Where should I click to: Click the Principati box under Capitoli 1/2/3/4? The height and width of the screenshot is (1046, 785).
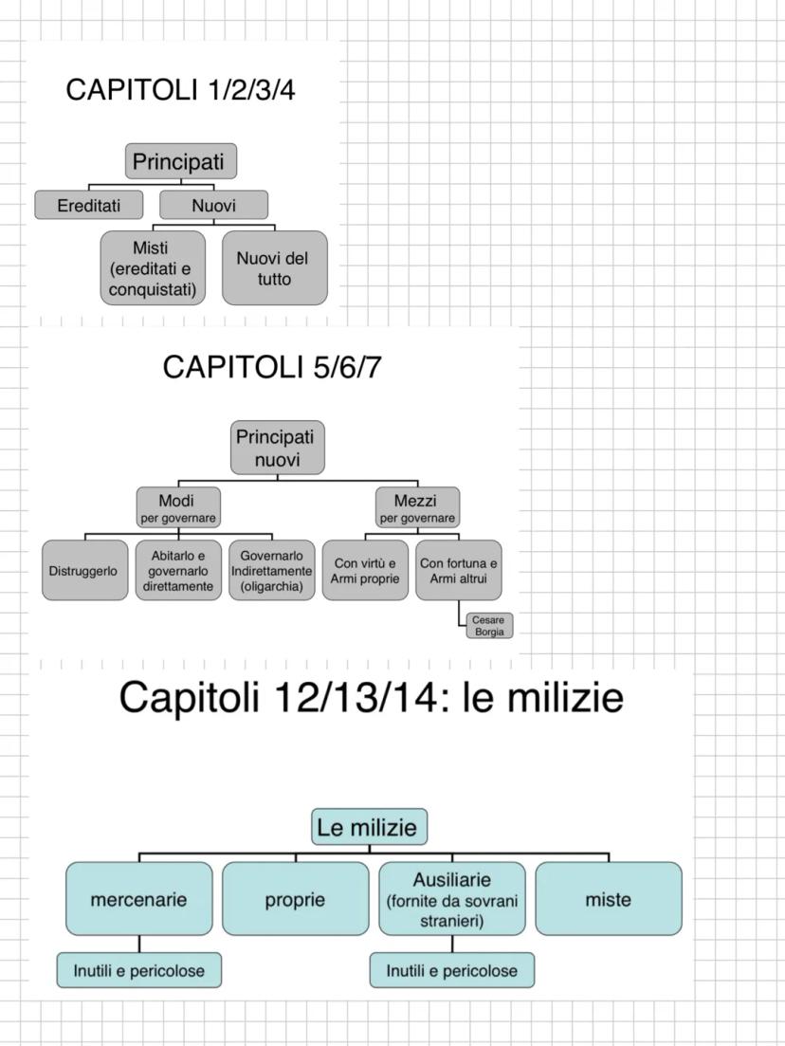coord(180,161)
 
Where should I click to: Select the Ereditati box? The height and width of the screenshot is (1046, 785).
coord(89,205)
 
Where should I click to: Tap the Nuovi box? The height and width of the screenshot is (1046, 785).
coord(213,205)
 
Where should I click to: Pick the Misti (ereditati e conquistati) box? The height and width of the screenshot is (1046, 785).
coord(153,268)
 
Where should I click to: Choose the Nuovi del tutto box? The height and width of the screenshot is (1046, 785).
coord(274,268)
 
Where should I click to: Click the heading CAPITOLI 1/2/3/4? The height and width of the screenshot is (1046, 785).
coord(188,90)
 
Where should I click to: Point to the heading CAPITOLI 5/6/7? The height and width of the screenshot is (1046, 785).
coord(273,367)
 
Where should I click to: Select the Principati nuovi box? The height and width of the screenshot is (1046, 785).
coord(277,448)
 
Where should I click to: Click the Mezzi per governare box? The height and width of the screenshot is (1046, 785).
coord(417,506)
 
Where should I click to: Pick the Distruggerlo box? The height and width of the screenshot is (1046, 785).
coord(84,571)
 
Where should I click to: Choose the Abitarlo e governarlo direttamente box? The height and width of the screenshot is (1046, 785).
coord(177,571)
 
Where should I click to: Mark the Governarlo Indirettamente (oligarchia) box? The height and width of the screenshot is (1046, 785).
coord(272,571)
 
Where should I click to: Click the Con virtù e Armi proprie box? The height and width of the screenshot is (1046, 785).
coord(365,571)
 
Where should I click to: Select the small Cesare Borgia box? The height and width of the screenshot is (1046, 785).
coord(488,626)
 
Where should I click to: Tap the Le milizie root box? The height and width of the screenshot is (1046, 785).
coord(368,827)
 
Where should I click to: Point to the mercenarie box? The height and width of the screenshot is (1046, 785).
coord(138,899)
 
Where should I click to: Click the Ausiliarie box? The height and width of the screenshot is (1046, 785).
coord(451,899)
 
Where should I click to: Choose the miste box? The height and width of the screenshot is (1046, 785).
coord(608,899)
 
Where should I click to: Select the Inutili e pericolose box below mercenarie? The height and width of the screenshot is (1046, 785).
coord(138,970)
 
